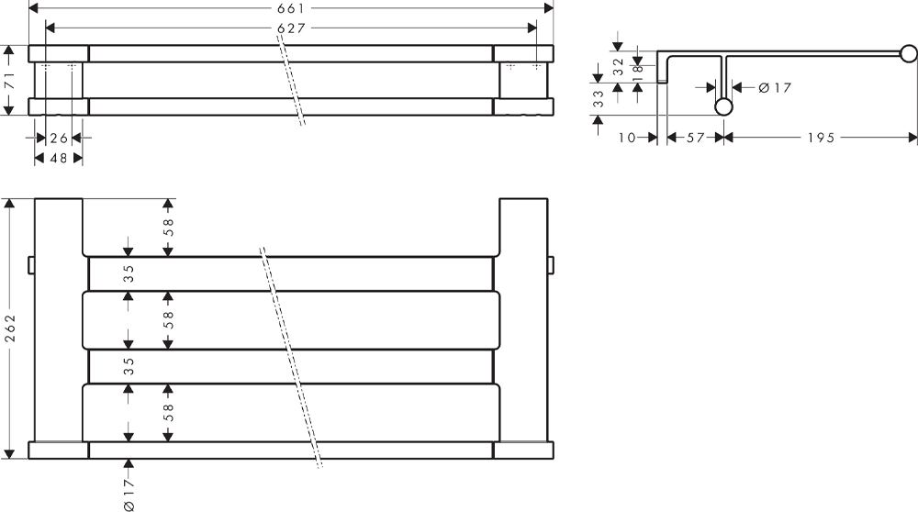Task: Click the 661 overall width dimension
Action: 290,8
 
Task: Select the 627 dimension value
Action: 291,28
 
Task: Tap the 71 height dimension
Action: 10,81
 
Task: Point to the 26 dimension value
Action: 59,139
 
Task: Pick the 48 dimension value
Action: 59,158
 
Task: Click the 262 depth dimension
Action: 10,328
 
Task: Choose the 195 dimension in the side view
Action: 821,138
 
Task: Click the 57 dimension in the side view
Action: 695,138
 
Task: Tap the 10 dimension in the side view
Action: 626,138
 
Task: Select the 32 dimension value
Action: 618,67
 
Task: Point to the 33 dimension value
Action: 598,98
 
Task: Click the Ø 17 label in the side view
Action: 775,88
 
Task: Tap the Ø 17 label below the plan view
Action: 129,495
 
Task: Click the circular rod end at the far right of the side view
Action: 909,54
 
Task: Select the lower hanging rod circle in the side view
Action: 723,107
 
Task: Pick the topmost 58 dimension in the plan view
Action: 168,227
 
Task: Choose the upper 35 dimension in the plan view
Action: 129,273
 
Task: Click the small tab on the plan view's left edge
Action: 31,264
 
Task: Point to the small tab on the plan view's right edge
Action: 550,264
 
